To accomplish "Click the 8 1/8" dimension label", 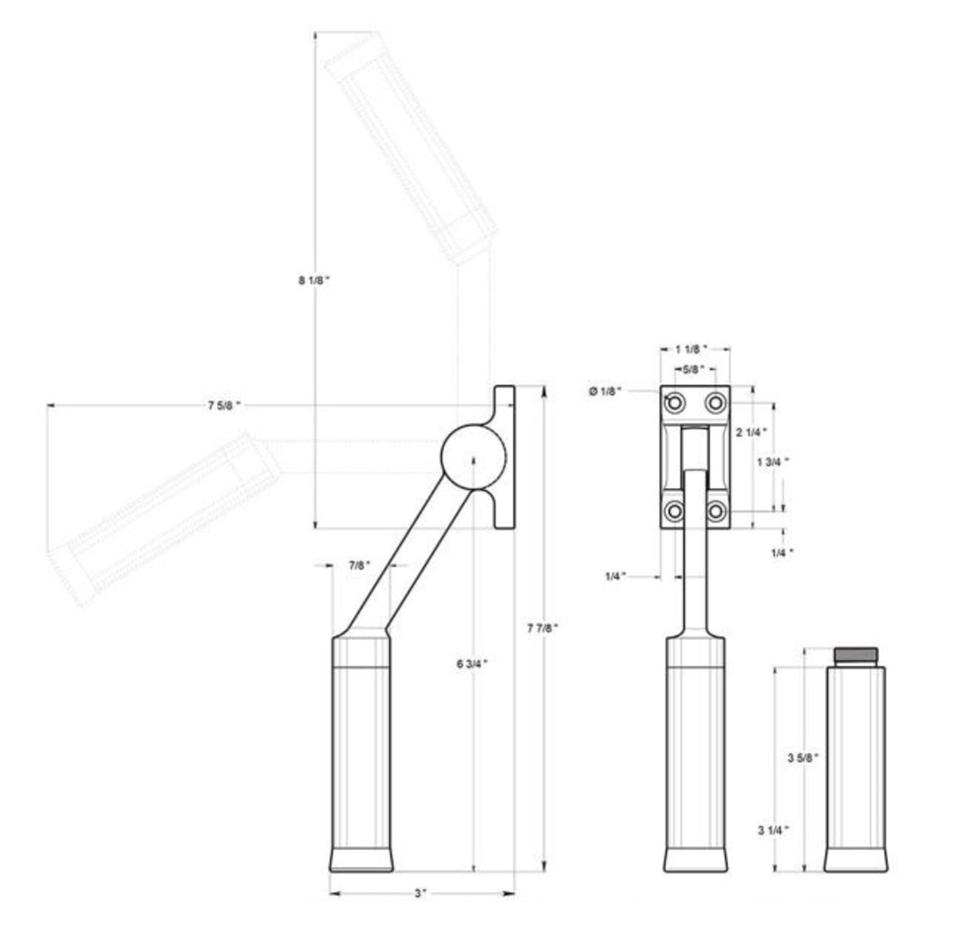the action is point(314,281).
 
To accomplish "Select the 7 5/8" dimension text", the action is point(224,405).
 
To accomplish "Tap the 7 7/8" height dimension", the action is point(543,628).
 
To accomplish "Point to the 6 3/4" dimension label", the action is point(472,664).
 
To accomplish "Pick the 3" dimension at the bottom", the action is point(419,893).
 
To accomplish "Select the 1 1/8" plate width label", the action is point(691,349).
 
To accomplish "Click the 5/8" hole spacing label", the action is point(694,369).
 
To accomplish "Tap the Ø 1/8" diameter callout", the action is point(605,391).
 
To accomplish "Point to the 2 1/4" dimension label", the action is point(751,432).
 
